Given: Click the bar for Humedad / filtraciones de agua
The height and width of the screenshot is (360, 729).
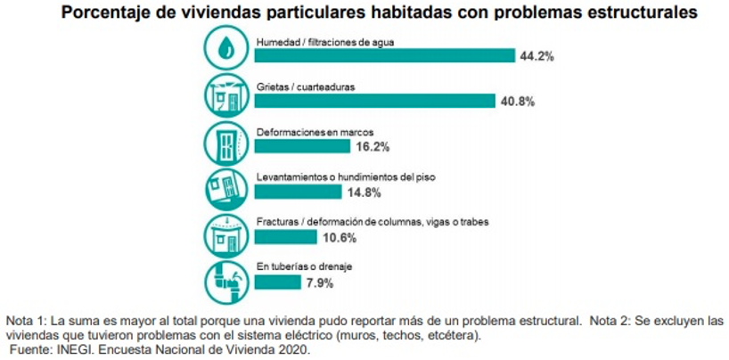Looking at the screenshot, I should point(384,55).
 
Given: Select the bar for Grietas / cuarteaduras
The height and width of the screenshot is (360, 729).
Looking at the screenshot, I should point(374,101).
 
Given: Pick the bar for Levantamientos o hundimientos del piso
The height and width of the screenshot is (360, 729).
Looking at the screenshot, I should point(298,192).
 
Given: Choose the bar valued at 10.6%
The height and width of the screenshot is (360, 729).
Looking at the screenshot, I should point(285,237).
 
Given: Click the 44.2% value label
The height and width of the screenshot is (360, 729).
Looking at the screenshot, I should point(538,56).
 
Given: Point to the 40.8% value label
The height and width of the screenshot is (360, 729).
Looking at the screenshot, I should point(517,102).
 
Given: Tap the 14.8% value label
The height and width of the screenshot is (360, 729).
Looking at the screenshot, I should point(364,192).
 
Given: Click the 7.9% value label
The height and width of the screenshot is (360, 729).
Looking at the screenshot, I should point(321,283).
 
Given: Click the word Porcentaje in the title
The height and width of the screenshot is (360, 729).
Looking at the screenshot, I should point(97,13).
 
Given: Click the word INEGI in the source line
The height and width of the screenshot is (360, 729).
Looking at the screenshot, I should point(72,352).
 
